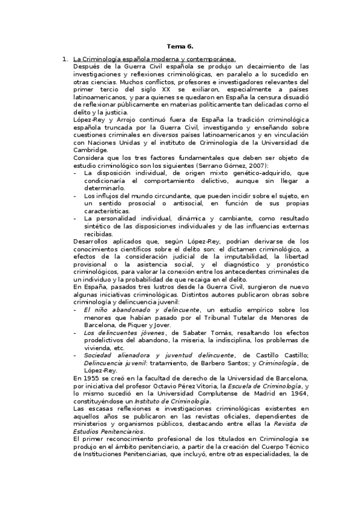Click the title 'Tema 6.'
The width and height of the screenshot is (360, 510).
click(x=180, y=46)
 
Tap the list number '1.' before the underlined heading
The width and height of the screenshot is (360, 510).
click(x=65, y=59)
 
